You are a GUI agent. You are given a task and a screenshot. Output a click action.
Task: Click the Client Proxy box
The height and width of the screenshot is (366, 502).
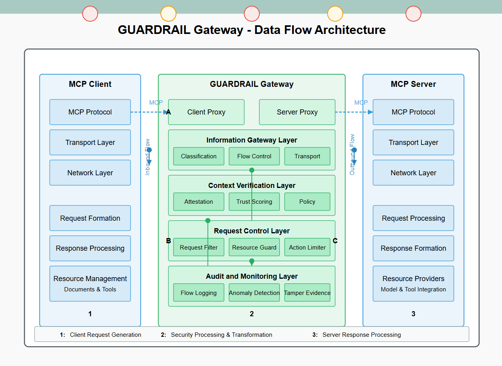click(x=206, y=112)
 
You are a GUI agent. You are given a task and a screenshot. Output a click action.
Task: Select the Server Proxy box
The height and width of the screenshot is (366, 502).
click(x=297, y=112)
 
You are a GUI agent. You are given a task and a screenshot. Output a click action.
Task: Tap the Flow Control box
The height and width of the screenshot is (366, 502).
click(x=254, y=156)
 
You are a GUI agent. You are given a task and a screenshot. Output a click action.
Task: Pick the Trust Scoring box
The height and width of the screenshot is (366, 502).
click(x=254, y=202)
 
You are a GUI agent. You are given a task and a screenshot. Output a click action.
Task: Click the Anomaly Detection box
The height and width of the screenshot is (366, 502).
click(x=254, y=293)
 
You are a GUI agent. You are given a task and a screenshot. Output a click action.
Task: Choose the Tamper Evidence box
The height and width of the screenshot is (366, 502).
click(x=307, y=293)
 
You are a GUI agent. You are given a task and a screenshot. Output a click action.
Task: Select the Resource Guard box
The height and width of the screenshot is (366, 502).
click(x=254, y=248)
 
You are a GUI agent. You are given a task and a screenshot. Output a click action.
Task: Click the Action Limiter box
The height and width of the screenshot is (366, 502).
click(x=307, y=248)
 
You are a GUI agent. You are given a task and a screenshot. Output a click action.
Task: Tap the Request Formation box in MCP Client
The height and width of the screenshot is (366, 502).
click(x=90, y=218)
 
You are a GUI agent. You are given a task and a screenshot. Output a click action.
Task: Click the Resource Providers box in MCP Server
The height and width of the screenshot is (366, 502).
click(x=413, y=283)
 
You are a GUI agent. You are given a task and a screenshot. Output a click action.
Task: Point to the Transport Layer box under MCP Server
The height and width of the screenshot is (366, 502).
click(x=413, y=143)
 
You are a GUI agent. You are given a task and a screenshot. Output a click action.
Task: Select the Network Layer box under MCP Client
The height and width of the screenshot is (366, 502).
click(x=90, y=173)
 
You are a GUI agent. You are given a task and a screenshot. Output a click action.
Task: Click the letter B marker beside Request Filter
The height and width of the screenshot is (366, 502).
click(x=168, y=241)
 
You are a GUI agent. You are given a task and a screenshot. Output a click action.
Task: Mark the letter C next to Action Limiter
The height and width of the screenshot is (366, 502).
click(x=335, y=241)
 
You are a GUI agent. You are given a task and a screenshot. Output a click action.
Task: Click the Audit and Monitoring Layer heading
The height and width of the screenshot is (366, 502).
click(x=252, y=276)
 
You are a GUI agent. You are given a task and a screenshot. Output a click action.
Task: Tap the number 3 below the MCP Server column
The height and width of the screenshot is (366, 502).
click(x=413, y=314)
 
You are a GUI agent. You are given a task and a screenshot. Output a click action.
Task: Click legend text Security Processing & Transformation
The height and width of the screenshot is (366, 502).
click(x=221, y=335)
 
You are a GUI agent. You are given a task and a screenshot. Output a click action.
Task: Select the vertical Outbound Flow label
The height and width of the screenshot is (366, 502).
click(x=352, y=155)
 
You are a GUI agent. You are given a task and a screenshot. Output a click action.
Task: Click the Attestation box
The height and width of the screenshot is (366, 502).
click(x=198, y=202)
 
